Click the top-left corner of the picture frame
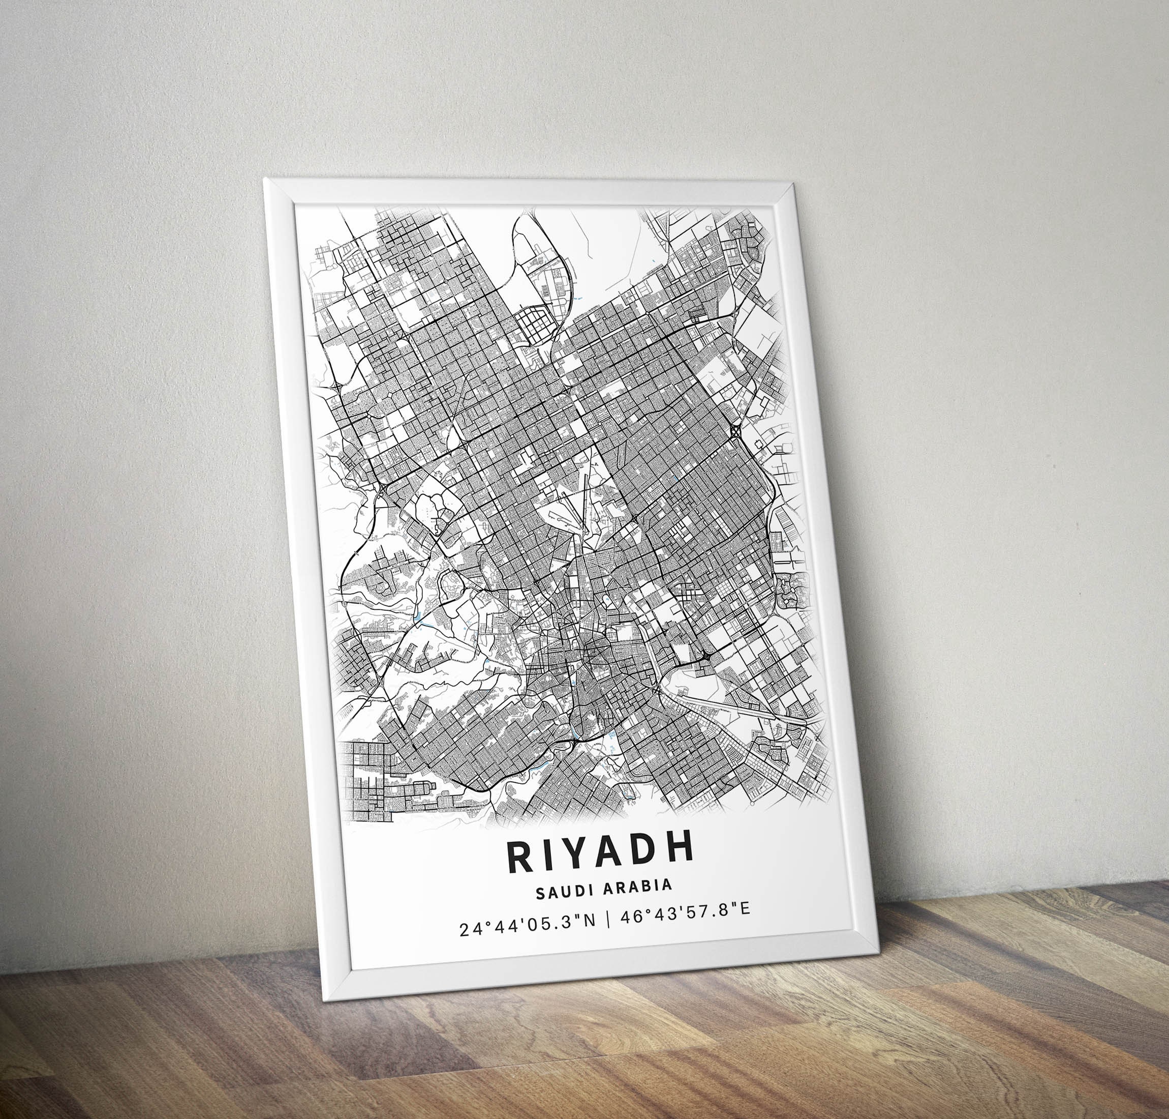[265, 178]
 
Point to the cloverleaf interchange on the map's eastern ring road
[734, 431]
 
